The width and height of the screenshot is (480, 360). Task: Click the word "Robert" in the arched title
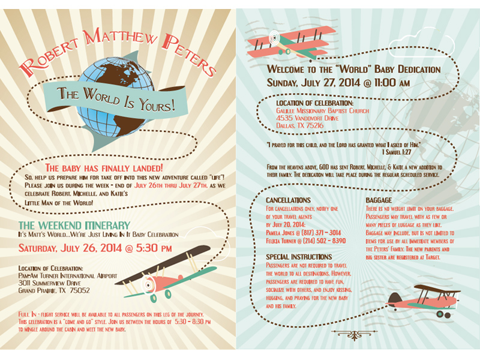tap(49, 56)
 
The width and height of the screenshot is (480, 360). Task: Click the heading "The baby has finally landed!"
tap(104, 168)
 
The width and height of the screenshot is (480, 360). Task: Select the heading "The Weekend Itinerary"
tap(74, 226)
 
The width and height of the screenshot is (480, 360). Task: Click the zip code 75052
tap(80, 290)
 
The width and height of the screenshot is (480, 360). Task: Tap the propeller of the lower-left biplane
tap(148, 285)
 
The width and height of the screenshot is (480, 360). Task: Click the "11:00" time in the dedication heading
tap(385, 83)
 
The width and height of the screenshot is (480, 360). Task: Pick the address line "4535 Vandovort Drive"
tap(307, 118)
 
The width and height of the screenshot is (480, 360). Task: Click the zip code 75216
tap(314, 125)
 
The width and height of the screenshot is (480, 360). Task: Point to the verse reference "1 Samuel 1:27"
tap(397, 152)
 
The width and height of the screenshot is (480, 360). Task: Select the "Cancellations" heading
tap(288, 200)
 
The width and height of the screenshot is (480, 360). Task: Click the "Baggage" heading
tap(379, 200)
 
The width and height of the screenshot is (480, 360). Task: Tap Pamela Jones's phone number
tap(321, 233)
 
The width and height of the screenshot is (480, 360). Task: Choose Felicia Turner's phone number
tap(325, 241)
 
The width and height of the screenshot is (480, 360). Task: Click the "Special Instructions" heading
tap(299, 257)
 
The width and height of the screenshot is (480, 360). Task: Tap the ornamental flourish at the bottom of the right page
tap(354, 335)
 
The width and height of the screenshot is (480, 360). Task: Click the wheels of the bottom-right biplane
tap(443, 314)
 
